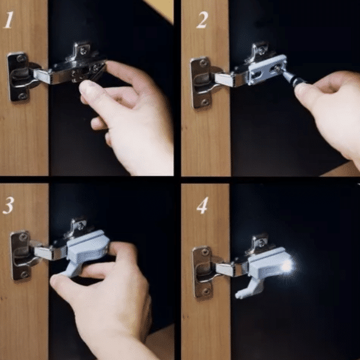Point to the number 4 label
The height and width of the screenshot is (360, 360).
pos(202,206)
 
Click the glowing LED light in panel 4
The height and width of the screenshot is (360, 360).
pos(287,265)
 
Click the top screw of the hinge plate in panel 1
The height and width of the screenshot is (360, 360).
pos(21,58)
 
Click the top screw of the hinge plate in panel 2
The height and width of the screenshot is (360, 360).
pos(204,61)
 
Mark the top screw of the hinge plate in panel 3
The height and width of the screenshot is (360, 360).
pos(21,237)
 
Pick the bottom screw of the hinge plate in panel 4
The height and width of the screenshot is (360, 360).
pos(205,290)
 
